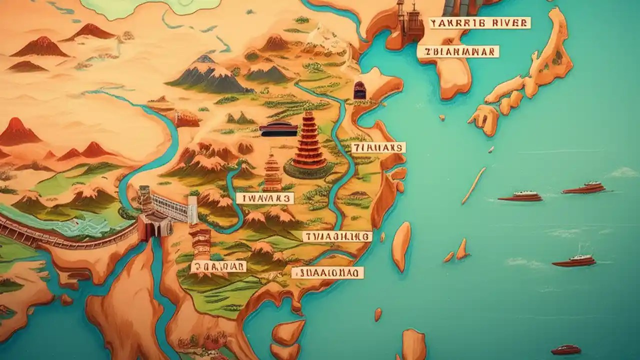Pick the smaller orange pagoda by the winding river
click(x=272, y=172)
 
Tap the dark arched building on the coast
click(x=359, y=90)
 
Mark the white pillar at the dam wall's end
click(x=192, y=210)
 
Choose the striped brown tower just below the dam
click(x=201, y=242)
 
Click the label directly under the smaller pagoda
click(x=265, y=198)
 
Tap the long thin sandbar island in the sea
click(x=473, y=185)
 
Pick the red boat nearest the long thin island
click(x=520, y=196)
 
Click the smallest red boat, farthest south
click(x=565, y=349)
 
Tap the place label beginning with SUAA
click(x=327, y=272)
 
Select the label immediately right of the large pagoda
click(x=378, y=147)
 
